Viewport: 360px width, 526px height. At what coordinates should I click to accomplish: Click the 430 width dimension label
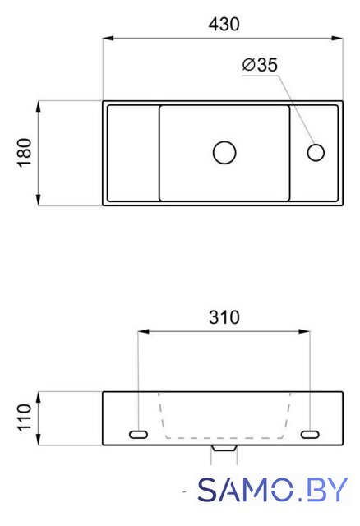[224, 25]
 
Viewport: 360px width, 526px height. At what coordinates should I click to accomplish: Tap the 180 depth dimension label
[25, 153]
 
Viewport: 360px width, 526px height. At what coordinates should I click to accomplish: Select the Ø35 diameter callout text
[260, 65]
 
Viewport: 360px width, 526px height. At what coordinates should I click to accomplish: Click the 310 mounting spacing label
[224, 317]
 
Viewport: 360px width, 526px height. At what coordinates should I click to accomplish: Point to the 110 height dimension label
[25, 418]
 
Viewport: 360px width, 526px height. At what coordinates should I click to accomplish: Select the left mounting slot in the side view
[138, 435]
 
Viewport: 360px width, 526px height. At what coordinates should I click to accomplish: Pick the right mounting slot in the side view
[310, 435]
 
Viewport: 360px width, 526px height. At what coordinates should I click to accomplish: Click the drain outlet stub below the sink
[224, 448]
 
